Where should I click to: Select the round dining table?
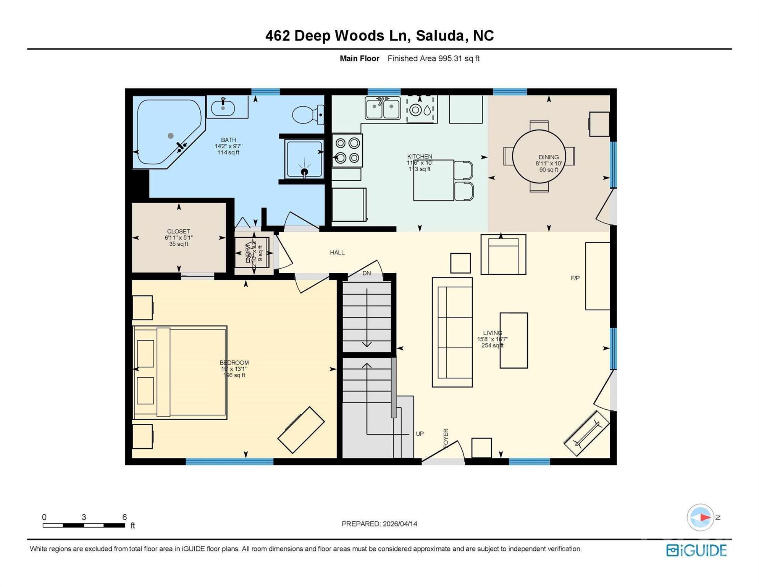539,157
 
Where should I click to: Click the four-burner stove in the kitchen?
347,150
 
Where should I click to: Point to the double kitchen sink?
383,109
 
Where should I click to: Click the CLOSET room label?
178,232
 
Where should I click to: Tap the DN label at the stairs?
367,273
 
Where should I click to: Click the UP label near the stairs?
420,434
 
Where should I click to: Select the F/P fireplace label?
575,278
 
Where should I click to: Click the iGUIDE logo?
696,550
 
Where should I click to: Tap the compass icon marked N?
701,517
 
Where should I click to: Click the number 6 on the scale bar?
124,517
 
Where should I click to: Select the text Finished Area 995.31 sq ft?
433,58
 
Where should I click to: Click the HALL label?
337,253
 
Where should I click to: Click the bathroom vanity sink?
224,107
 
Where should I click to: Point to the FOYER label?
446,438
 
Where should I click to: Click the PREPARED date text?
379,524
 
